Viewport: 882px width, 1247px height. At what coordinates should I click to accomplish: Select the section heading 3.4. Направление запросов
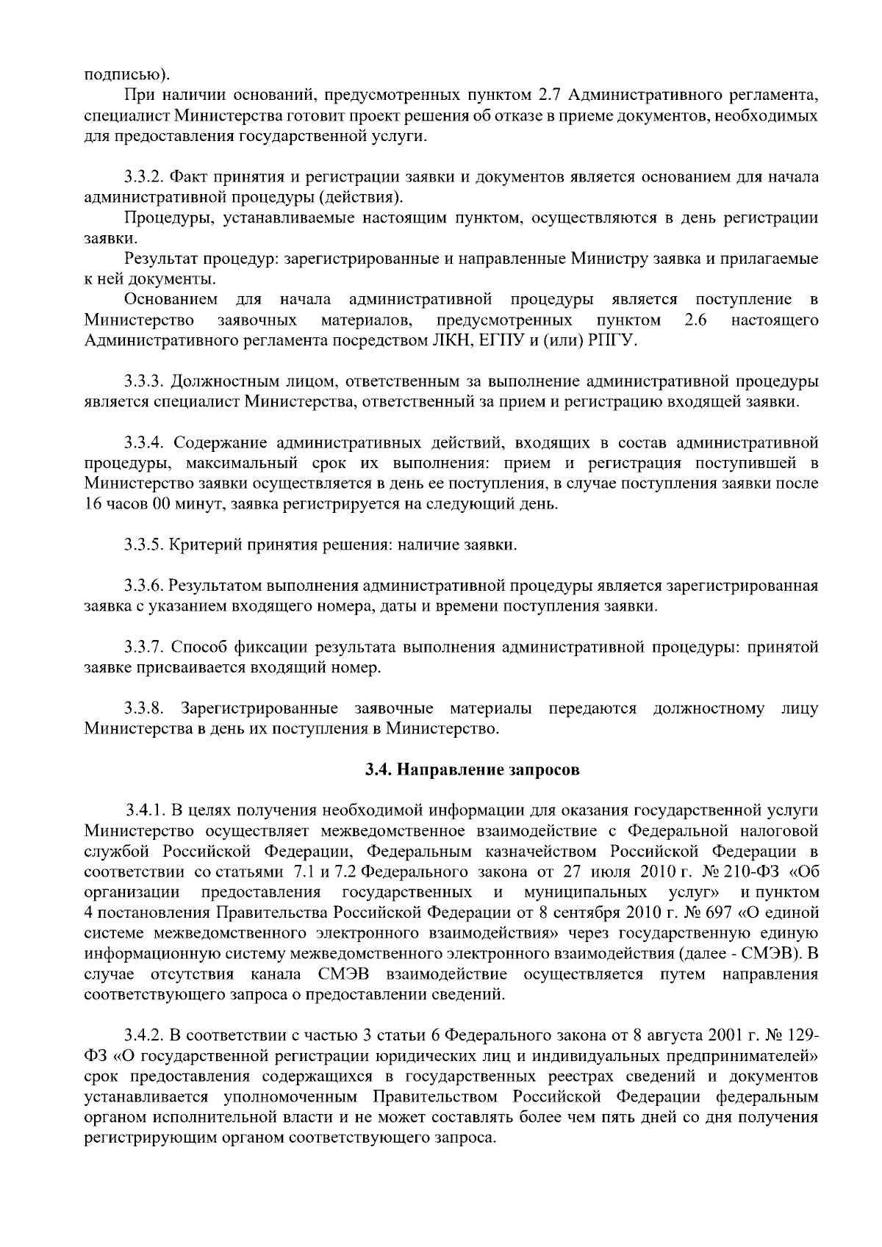tap(473, 770)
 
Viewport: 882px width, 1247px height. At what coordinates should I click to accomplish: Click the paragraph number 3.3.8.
tap(143, 708)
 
